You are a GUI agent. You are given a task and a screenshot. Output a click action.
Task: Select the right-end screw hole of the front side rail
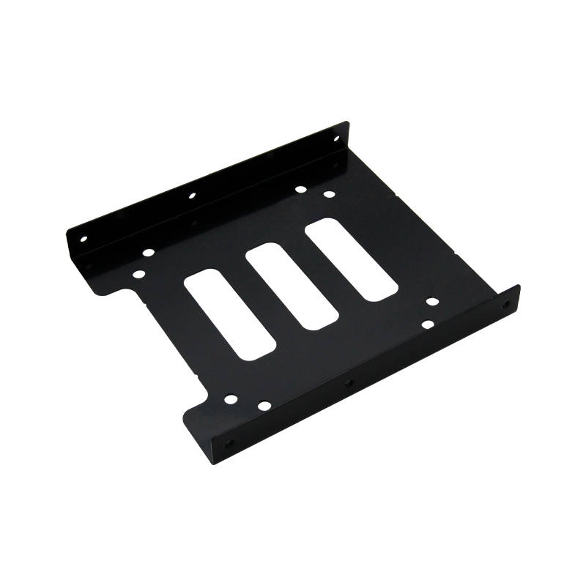tap(505, 303)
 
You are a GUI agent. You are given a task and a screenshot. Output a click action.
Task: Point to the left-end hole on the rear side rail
tap(83, 239)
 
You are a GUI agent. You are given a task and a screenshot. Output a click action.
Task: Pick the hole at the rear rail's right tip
tap(336, 137)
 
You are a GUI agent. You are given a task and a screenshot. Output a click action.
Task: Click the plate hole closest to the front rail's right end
tap(427, 323)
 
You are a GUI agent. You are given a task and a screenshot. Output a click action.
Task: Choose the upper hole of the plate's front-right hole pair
tap(431, 300)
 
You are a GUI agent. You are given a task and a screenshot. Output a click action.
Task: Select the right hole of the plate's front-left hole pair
tap(264, 404)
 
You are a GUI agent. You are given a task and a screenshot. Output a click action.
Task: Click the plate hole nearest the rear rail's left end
tap(149, 252)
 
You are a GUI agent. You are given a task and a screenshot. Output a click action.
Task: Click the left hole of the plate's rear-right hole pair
tap(300, 189)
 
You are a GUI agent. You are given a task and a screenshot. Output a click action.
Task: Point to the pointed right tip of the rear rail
tap(349, 125)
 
